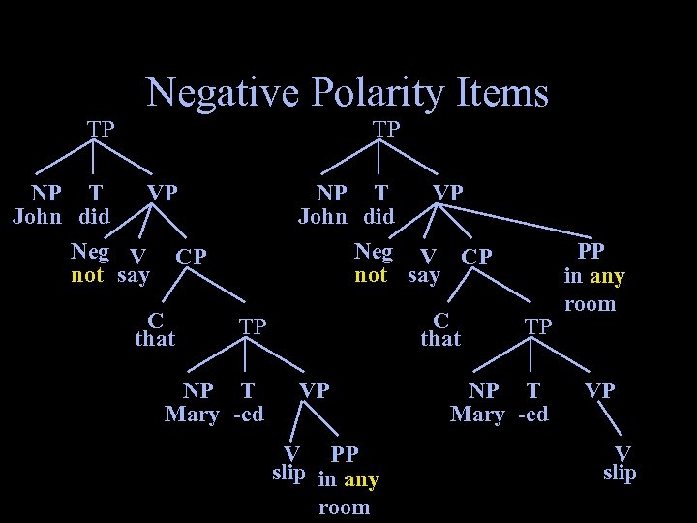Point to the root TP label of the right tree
386,128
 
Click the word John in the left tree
38,215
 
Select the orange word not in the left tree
87,275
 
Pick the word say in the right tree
424,275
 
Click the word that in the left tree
155,338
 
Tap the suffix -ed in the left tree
249,415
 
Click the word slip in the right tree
620,473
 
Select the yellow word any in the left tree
361,479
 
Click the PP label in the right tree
591,251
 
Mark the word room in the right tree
590,304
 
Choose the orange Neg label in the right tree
374,252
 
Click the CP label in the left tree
191,258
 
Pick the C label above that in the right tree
440,319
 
